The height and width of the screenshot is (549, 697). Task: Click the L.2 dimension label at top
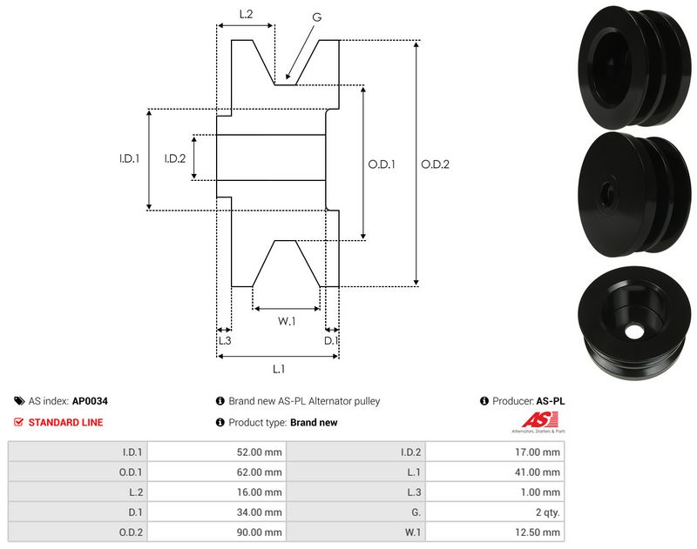[246, 14]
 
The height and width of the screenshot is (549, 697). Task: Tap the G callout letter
[316, 17]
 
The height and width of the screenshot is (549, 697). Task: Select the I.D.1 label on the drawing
[130, 158]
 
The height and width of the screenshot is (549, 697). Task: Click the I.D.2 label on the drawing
[175, 158]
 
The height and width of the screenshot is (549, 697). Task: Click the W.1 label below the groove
[287, 321]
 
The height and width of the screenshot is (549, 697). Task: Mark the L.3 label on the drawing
[224, 340]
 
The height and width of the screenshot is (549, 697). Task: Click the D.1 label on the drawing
[331, 340]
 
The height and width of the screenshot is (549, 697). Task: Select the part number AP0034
[90, 401]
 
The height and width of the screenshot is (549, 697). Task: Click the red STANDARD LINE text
[65, 422]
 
